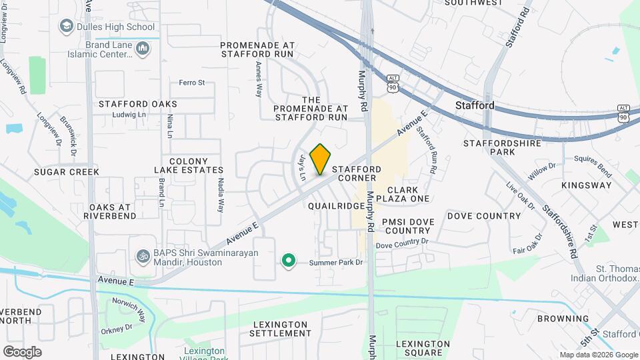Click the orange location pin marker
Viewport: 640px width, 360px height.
coord(320,159)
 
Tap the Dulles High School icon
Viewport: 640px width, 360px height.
coord(66,27)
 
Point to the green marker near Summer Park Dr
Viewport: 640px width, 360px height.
coord(288,261)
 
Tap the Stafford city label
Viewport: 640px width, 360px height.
coord(475,105)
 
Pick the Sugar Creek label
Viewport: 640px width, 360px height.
coord(67,171)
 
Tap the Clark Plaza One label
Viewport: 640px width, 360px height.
coord(403,194)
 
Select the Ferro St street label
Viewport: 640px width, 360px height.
coord(191,83)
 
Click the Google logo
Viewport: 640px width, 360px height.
coord(22,351)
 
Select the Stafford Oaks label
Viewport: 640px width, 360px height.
coord(138,104)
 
